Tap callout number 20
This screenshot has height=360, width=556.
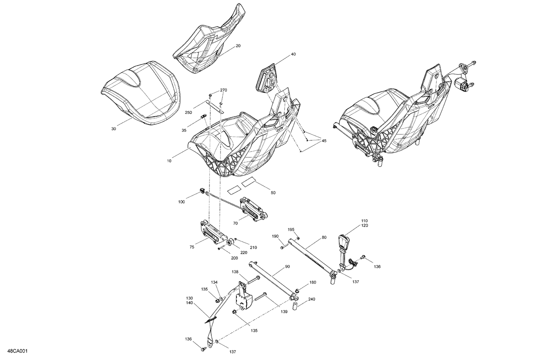pyautogui.click(x=238, y=46)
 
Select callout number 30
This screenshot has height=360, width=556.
pyautogui.click(x=113, y=129)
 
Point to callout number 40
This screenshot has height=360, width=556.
pyautogui.click(x=293, y=54)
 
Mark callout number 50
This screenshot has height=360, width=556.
pyautogui.click(x=273, y=193)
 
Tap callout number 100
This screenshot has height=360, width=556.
pyautogui.click(x=181, y=202)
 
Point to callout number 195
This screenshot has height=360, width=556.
pyautogui.click(x=291, y=230)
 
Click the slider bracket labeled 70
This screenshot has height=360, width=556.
pyautogui.click(x=253, y=210)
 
